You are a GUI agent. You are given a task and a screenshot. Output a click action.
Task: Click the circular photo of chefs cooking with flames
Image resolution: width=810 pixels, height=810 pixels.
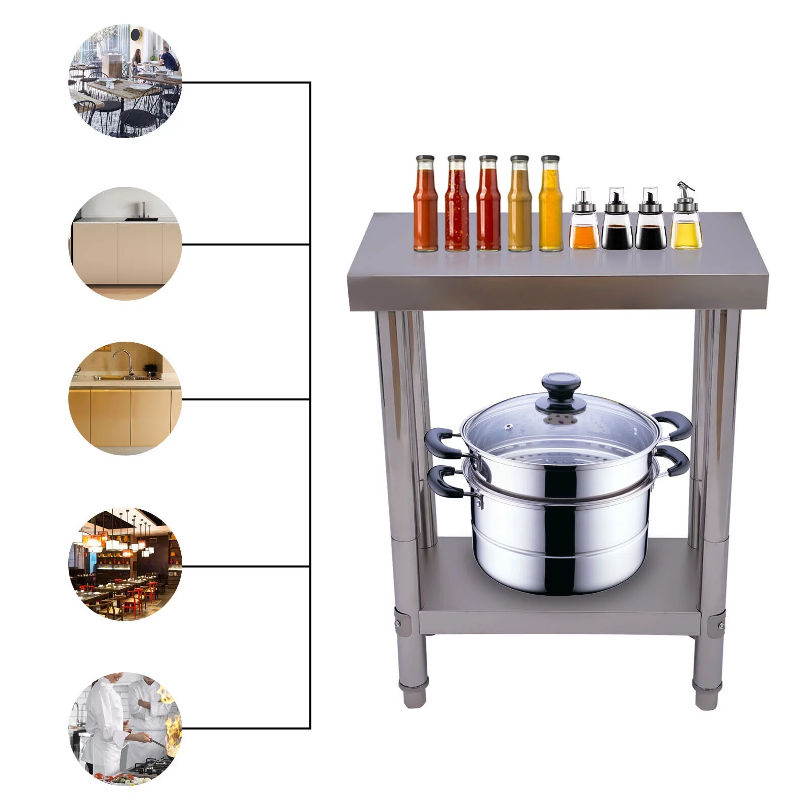click(125, 728)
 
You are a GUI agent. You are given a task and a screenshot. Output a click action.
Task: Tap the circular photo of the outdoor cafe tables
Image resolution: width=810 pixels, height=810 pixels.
click(125, 81)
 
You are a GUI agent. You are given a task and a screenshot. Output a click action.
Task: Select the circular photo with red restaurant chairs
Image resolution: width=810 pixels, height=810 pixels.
click(125, 565)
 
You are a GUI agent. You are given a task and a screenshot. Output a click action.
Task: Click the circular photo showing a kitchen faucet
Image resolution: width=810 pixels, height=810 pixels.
click(125, 398)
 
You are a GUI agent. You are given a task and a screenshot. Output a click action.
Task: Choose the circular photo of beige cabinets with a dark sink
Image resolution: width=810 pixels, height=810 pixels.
click(125, 244)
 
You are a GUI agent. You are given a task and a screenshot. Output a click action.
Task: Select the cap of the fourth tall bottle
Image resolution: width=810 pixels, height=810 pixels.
click(519, 159)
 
